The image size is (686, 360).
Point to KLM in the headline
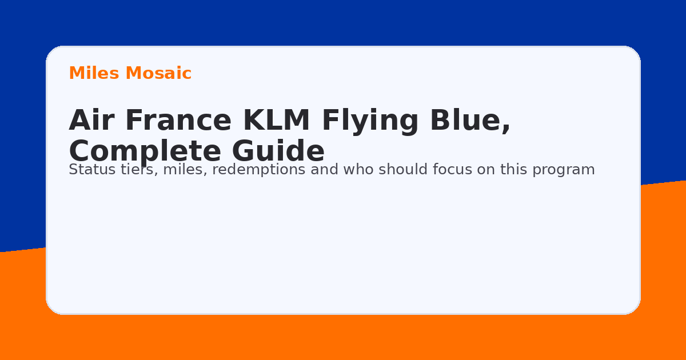pos(276,121)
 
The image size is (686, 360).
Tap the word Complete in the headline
pos(145,152)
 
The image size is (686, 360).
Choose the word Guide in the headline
pos(278,152)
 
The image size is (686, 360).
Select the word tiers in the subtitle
pos(129,170)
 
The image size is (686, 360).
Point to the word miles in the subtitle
pos(180,170)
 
